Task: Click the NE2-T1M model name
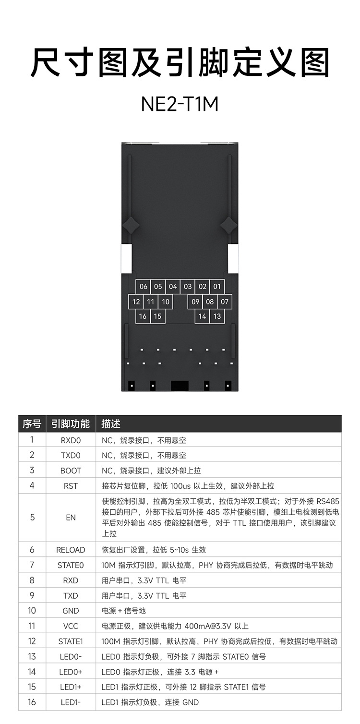[x=180, y=104]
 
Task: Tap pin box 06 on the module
[x=144, y=287]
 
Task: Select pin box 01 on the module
[x=217, y=287]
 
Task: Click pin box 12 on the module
[x=136, y=302]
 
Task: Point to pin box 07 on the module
[x=225, y=302]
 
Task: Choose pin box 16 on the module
[x=143, y=316]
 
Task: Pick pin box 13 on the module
[x=217, y=316]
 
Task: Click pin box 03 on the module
[x=188, y=287]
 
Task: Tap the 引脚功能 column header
[x=71, y=424]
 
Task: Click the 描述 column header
[x=111, y=424]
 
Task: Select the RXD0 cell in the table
[x=71, y=440]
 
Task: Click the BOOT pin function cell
[x=71, y=471]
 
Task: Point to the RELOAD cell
[x=71, y=550]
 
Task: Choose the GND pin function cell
[x=71, y=611]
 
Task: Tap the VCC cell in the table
[x=71, y=626]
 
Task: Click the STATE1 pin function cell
[x=71, y=641]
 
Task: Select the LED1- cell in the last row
[x=71, y=702]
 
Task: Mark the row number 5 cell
[x=32, y=518]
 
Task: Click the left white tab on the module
[x=126, y=260]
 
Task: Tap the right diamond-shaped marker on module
[x=228, y=224]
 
